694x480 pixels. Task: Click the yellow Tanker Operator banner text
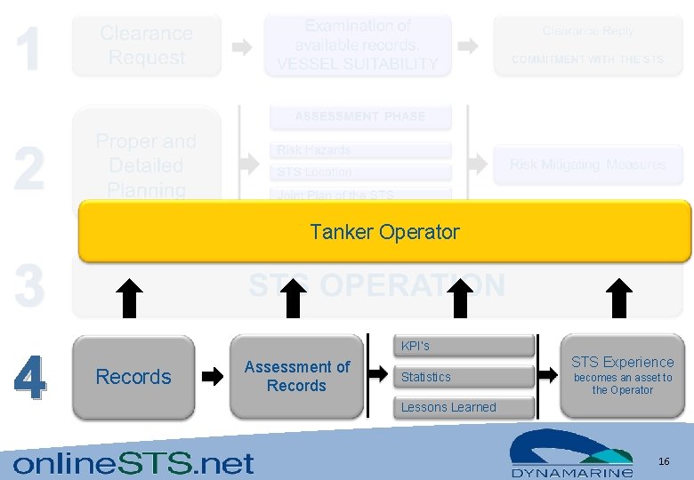click(x=384, y=232)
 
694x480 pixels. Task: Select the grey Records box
click(x=133, y=377)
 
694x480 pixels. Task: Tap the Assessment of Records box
click(x=296, y=376)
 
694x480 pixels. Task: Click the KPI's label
click(x=416, y=346)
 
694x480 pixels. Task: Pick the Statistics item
click(x=426, y=377)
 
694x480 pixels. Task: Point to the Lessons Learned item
click(x=448, y=407)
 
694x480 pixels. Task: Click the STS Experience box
click(x=622, y=375)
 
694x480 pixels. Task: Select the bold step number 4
click(x=30, y=378)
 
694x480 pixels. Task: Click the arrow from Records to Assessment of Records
click(x=213, y=377)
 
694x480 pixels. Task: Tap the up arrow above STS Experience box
click(x=619, y=298)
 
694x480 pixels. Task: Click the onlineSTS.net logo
click(x=133, y=463)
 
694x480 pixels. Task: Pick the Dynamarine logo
click(x=571, y=454)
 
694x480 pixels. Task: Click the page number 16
click(x=664, y=461)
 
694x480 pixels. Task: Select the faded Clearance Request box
click(x=147, y=45)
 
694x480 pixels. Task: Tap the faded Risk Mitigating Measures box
click(x=587, y=165)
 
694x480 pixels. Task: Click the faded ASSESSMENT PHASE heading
click(x=360, y=116)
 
